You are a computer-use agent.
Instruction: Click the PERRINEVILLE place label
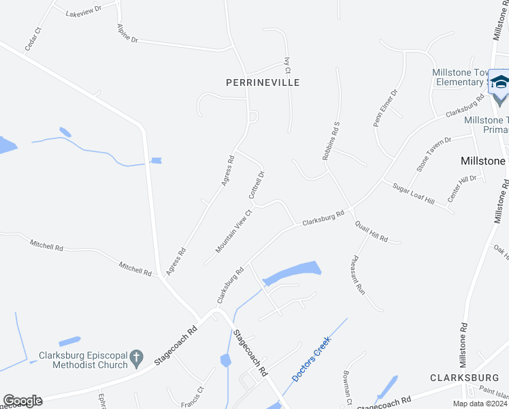(263, 82)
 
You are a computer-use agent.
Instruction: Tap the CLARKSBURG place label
(465, 377)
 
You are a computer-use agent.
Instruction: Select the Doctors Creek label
(310, 359)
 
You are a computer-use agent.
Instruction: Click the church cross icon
(137, 357)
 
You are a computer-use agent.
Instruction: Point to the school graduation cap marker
(500, 83)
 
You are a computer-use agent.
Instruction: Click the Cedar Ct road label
(33, 39)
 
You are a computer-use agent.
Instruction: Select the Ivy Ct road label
(288, 65)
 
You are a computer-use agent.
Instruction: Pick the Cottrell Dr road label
(257, 184)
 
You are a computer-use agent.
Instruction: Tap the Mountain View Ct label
(233, 231)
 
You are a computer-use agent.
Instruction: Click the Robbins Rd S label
(331, 141)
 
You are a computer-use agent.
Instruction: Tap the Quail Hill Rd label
(371, 232)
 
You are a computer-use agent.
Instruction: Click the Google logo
(22, 401)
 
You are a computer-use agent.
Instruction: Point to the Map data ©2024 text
(482, 404)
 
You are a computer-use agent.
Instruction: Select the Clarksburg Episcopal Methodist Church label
(83, 360)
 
